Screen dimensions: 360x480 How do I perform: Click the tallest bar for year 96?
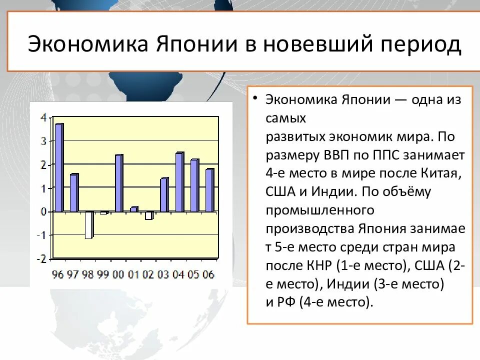pos(59,167)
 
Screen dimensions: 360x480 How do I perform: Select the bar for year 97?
pos(74,193)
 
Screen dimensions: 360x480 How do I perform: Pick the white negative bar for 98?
pos(88,225)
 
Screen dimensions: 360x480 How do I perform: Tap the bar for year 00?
pos(119,183)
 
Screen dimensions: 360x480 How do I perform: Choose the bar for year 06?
pos(209,190)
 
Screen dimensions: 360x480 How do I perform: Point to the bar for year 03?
pos(164,195)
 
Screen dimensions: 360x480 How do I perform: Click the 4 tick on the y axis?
pos(43,118)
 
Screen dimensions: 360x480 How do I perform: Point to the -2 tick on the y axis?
pos(42,258)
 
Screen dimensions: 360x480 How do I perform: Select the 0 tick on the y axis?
pos(43,212)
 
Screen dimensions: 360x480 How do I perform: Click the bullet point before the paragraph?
pos(255,99)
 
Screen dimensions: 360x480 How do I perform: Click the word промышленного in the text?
pos(319,210)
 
